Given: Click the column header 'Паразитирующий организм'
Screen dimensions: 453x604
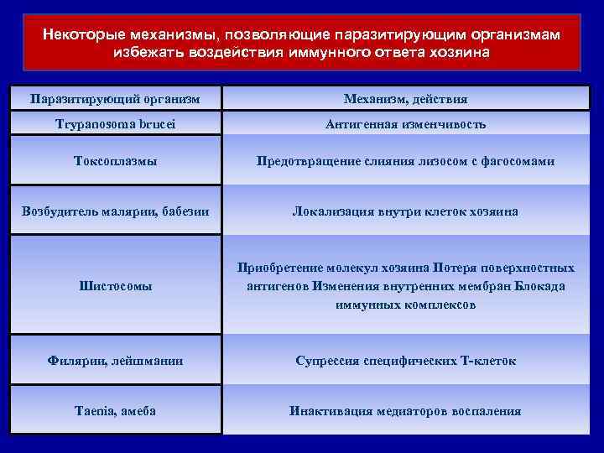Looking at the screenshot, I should coord(115,98).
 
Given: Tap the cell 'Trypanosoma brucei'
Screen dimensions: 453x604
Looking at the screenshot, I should coord(115,123).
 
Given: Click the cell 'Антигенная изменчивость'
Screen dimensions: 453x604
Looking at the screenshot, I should coord(406,123).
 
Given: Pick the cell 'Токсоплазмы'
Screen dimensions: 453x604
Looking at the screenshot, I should coord(115,161).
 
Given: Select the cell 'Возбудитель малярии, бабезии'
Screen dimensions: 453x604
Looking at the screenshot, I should coord(115,211).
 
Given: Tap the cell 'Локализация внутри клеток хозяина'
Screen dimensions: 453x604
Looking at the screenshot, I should coord(406,211).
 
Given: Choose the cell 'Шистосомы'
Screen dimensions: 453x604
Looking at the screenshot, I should coord(115,286).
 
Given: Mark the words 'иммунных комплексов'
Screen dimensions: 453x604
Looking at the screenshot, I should coord(406,305).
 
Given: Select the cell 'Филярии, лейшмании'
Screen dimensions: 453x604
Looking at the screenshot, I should coord(115,361).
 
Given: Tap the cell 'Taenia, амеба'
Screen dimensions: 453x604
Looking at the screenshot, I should coord(115,411).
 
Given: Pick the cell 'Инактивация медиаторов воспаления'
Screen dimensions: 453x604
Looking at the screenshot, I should coord(406,411).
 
